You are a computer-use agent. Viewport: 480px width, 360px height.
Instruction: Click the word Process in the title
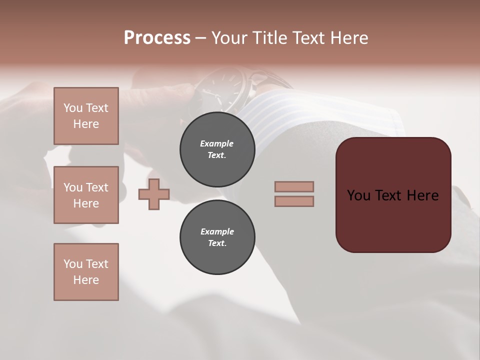coord(157,38)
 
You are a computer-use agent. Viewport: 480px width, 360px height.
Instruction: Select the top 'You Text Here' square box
coord(86,116)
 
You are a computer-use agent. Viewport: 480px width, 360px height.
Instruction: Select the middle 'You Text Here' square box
coord(86,195)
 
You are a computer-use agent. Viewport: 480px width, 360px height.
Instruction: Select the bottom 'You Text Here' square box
coord(86,271)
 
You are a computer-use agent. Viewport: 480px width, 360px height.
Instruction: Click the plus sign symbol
coord(154,194)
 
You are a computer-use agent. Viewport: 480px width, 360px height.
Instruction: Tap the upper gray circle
coord(217,149)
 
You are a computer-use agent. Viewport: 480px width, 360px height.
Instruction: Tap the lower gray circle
coord(217,237)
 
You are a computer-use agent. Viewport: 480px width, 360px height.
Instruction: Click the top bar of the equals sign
coord(294,186)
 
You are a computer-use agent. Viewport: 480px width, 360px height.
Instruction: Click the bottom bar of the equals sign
coord(294,201)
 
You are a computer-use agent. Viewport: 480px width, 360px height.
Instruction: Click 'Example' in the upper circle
coord(217,143)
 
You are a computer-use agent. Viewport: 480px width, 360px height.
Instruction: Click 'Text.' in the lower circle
coord(217,243)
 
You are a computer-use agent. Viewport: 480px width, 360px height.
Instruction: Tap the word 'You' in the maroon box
coord(358,195)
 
